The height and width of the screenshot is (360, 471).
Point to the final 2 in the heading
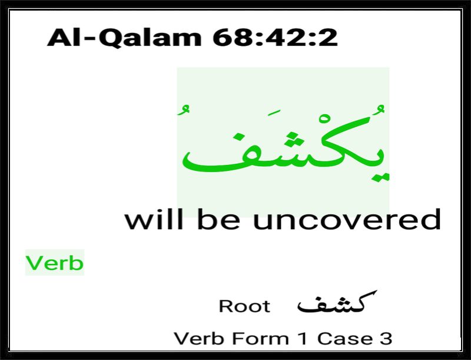pos(328,38)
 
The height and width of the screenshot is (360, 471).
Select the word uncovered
pos(347,219)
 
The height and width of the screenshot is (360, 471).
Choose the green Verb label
pos(54,263)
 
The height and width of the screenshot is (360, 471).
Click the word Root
pos(244,306)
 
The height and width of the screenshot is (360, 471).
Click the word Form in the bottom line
pos(260,338)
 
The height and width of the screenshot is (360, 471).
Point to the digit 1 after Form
pos(303,338)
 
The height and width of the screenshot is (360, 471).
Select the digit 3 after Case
pos(386,338)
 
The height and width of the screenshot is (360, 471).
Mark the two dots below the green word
pos(380,177)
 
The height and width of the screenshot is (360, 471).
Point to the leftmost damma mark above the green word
pos(183,110)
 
